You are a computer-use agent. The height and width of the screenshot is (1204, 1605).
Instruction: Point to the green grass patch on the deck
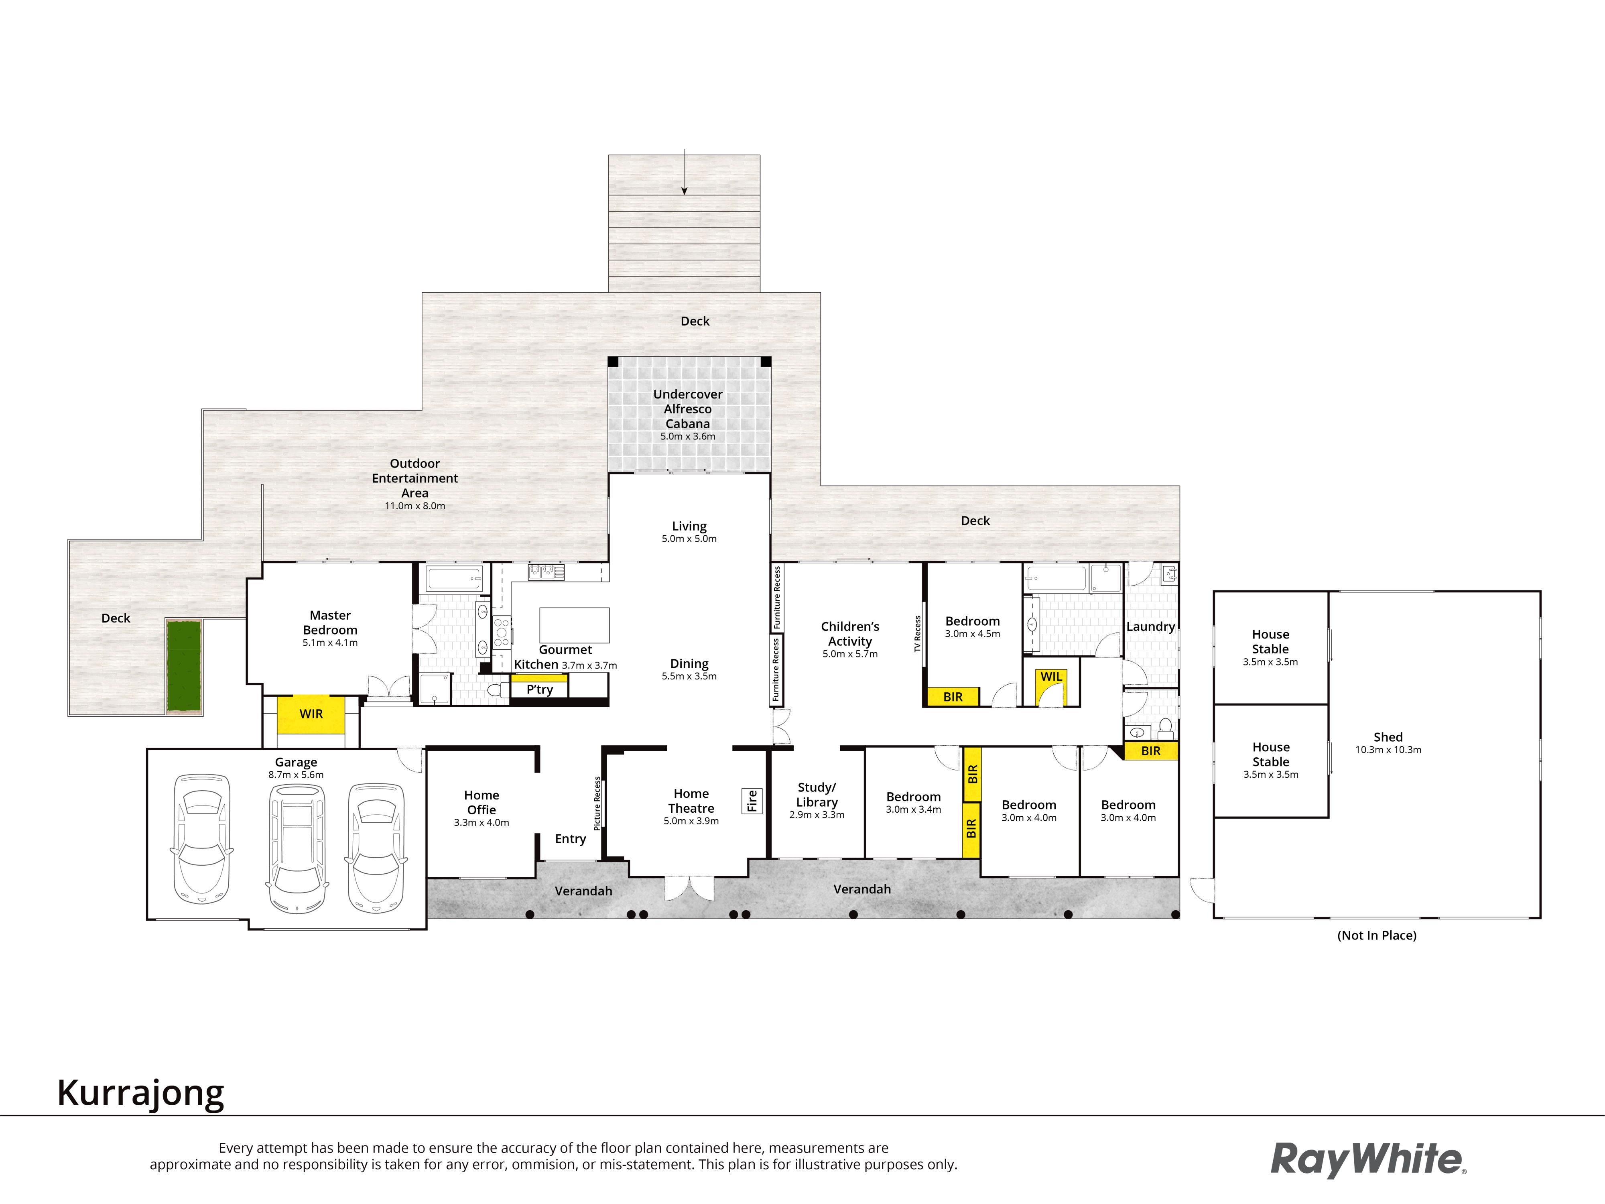(184, 665)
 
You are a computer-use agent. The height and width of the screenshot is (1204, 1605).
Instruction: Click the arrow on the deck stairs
(683, 172)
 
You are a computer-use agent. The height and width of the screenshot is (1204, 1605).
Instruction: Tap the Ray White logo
(1368, 1159)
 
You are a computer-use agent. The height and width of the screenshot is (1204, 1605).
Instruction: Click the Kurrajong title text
(141, 1093)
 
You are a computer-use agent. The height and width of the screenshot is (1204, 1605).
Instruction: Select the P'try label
(540, 689)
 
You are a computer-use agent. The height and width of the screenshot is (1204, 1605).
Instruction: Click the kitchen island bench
(574, 625)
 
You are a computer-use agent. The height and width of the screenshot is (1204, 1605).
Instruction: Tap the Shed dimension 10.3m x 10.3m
(1388, 750)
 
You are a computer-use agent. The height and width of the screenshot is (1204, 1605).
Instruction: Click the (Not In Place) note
(1376, 936)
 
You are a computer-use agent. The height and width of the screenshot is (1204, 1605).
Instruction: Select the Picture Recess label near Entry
(597, 803)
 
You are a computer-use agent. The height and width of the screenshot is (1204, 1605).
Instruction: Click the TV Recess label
(917, 634)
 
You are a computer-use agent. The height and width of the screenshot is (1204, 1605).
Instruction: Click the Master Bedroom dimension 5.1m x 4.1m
(330, 643)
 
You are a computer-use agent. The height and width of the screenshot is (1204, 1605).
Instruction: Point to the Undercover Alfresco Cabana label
(688, 409)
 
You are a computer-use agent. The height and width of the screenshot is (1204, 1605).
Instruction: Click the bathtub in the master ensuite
(454, 579)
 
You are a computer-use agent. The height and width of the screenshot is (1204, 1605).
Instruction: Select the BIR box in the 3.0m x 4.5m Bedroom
(953, 697)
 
